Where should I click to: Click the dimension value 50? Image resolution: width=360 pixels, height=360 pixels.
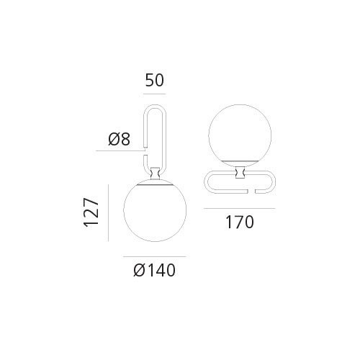point(155,80)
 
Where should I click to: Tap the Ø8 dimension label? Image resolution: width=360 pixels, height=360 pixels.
point(120,140)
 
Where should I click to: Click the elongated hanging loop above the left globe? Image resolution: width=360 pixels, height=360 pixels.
point(145,130)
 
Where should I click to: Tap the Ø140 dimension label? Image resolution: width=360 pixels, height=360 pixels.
point(155,271)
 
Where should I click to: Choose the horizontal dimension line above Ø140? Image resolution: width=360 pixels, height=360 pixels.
point(155,257)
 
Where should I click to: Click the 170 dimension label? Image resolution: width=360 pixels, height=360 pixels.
point(239,222)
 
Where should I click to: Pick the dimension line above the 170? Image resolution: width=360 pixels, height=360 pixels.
point(239,208)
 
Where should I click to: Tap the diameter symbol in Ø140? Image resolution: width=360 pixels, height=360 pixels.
point(139,271)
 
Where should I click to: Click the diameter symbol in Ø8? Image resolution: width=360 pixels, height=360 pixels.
point(114,140)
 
